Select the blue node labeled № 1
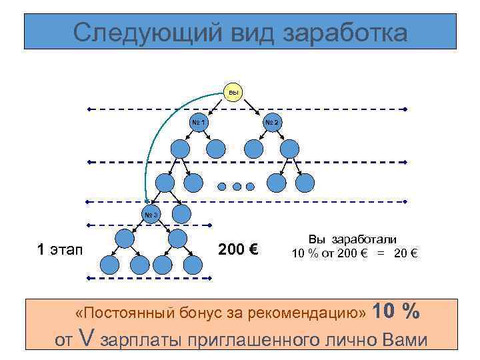pos(199,123)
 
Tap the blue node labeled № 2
pos(272,123)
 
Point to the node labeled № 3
pos(151,215)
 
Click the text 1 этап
pos(59,250)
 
